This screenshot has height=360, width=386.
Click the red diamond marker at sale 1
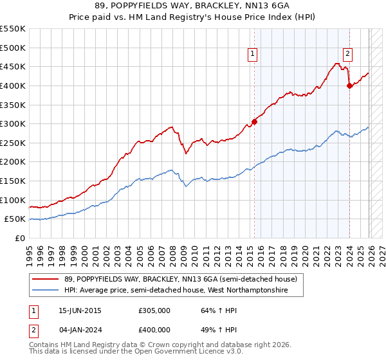[x=254, y=122]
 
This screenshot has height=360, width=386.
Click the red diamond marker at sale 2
[x=349, y=85]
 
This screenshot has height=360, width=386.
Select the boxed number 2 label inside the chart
[x=347, y=55]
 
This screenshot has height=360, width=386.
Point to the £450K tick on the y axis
[x=14, y=66]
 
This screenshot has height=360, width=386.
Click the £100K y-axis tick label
[x=14, y=200]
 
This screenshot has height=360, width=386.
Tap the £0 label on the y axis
[x=21, y=238]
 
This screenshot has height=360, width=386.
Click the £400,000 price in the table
[x=154, y=329]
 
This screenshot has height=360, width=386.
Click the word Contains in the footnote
[x=45, y=345]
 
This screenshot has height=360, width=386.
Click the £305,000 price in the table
[x=154, y=310]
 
